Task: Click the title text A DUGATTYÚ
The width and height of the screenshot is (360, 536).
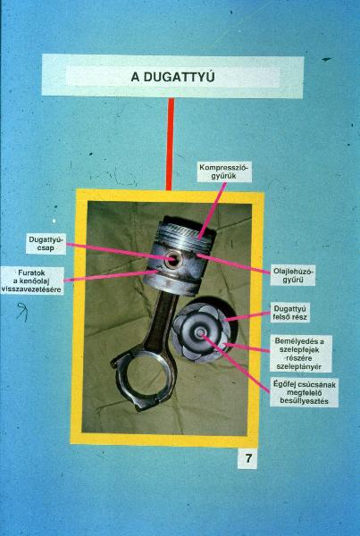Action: tap(172, 77)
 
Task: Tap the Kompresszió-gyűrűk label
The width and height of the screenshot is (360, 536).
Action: tap(224, 172)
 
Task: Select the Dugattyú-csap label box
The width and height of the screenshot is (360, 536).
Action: tap(46, 244)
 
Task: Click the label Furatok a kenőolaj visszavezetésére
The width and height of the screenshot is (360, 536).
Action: tap(32, 281)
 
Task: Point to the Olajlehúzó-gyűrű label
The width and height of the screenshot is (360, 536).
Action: tap(293, 275)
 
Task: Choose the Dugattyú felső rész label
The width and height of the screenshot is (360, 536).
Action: tap(290, 313)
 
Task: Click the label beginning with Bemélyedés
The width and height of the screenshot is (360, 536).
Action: tap(300, 354)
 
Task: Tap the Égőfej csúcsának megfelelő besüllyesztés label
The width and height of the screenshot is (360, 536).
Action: tap(304, 392)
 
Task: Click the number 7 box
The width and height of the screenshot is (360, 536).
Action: tap(247, 458)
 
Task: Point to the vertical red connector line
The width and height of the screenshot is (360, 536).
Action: tap(170, 144)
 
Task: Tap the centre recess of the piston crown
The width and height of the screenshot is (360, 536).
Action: tap(200, 331)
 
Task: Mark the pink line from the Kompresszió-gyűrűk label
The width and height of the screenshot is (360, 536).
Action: tap(213, 210)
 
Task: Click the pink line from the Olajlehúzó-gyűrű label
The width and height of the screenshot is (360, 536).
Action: tap(234, 264)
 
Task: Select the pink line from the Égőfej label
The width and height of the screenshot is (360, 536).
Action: tap(236, 364)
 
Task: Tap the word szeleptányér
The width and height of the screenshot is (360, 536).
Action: tap(300, 367)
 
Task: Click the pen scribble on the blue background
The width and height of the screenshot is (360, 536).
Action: tap(22, 311)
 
